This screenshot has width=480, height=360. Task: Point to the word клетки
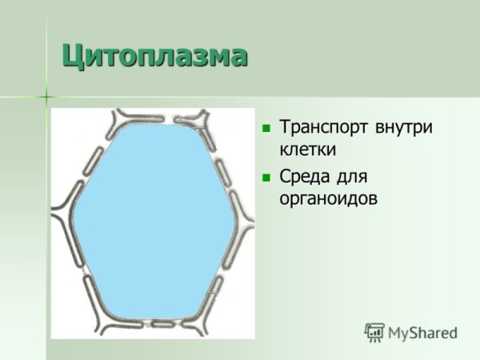coord(307,149)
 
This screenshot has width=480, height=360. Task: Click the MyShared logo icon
coord(374,332)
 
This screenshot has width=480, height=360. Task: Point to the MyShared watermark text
coord(422,333)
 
